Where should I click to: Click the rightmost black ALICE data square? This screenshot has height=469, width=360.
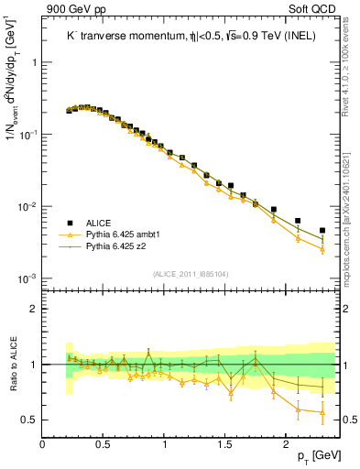tap(322, 231)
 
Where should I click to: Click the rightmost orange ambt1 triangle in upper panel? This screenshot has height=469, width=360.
tap(322, 248)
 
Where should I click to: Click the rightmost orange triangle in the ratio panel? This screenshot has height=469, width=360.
tap(322, 412)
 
